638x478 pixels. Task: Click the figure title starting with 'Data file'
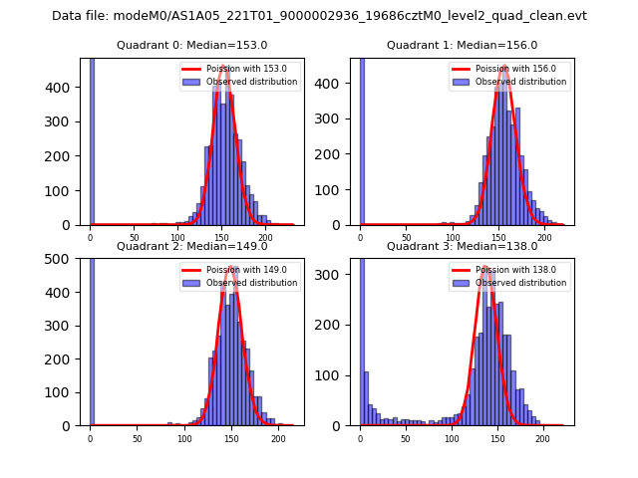coord(319,16)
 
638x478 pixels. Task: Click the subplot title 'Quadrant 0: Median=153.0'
coord(191,45)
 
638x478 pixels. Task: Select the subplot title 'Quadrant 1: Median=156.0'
coord(462,45)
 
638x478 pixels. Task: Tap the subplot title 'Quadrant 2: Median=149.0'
coord(191,246)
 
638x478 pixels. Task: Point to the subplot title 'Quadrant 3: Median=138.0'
coord(462,246)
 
